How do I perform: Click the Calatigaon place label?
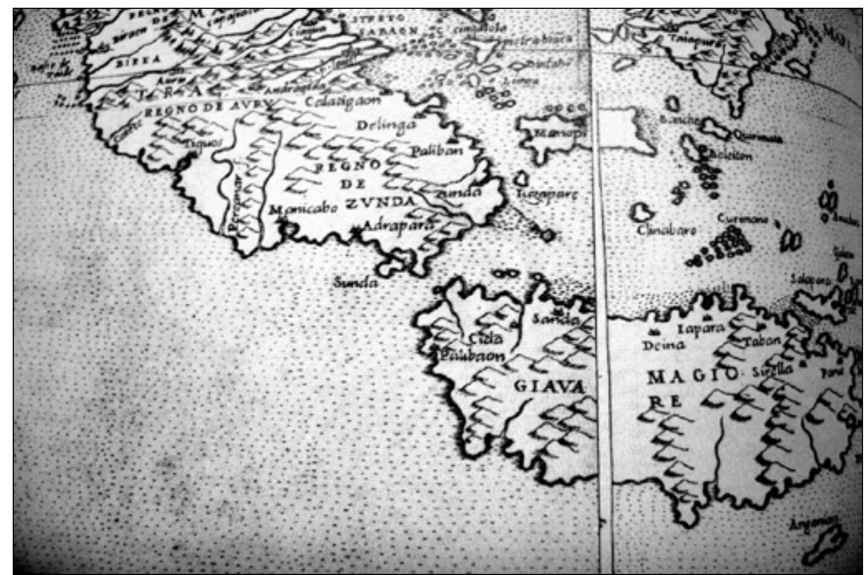click(x=343, y=102)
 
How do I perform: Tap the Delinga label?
click(x=385, y=126)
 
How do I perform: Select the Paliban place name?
click(x=437, y=150)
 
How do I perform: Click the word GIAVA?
click(x=549, y=385)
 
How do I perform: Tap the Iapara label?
click(x=700, y=328)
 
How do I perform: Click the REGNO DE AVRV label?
click(x=208, y=108)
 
